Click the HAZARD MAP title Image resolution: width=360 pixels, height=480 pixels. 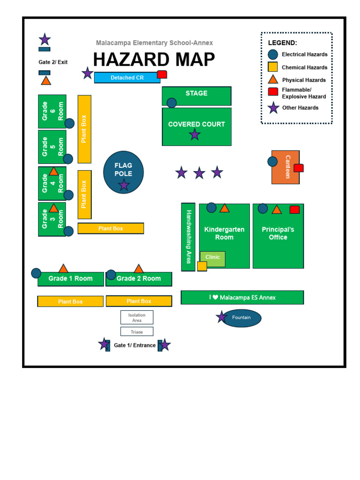(x=154, y=60)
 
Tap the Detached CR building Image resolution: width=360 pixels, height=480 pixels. (x=127, y=77)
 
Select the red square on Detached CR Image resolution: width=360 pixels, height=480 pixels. (x=162, y=74)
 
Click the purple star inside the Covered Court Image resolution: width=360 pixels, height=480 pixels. (x=195, y=135)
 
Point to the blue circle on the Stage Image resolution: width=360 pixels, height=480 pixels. (x=172, y=103)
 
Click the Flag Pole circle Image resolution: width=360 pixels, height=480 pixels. (x=123, y=172)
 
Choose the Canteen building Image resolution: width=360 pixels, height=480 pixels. (x=285, y=167)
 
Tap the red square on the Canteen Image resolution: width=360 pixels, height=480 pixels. (x=299, y=168)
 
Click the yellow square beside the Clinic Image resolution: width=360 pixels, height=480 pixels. (x=202, y=266)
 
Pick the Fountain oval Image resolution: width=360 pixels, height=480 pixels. (x=242, y=318)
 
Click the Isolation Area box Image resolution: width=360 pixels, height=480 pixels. (x=137, y=317)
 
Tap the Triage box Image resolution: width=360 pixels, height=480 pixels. (x=137, y=331)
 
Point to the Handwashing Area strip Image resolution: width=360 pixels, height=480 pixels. (x=188, y=237)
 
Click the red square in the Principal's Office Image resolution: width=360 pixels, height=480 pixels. (x=294, y=210)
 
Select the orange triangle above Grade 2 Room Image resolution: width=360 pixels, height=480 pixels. (x=139, y=269)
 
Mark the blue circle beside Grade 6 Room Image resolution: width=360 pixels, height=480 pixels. (x=69, y=123)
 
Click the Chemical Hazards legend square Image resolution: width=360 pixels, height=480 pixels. (x=273, y=67)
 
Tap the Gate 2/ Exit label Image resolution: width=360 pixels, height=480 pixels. (x=53, y=62)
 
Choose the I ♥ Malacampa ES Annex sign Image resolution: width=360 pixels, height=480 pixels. (x=242, y=298)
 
